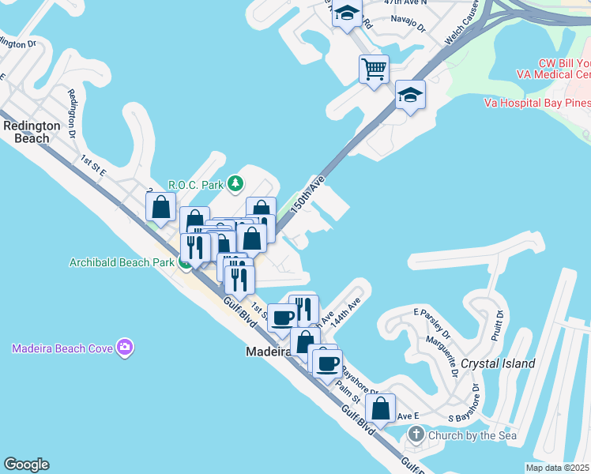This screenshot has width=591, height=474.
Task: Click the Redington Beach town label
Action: pyautogui.click(x=32, y=132)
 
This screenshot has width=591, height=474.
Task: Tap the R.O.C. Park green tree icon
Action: pyautogui.click(x=235, y=184)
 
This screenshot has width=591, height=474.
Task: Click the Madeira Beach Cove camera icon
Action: pyautogui.click(x=124, y=348)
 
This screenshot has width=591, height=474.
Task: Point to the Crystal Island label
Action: pyautogui.click(x=498, y=363)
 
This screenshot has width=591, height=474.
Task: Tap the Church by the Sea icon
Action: pyautogui.click(x=417, y=434)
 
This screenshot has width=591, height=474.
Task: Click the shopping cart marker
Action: pyautogui.click(x=374, y=68)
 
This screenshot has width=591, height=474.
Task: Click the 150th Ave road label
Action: pyautogui.click(x=307, y=194)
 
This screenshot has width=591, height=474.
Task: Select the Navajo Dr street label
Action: pyautogui.click(x=410, y=26)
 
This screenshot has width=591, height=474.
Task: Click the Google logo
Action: pyautogui.click(x=26, y=465)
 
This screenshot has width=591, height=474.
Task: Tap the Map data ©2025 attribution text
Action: pyautogui.click(x=558, y=468)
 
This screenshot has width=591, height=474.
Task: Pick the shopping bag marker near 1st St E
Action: pyautogui.click(x=161, y=208)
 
